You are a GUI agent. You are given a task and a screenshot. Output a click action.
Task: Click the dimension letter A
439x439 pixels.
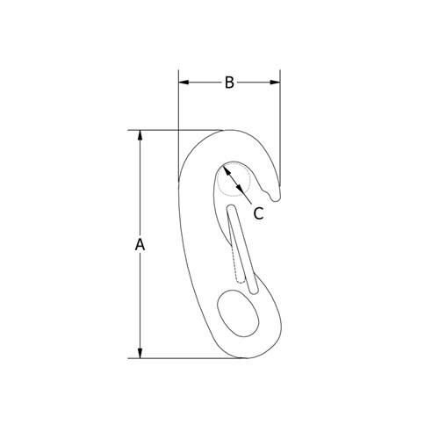pyautogui.click(x=139, y=245)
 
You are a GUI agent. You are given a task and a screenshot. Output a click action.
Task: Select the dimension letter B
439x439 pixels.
pyautogui.click(x=228, y=83)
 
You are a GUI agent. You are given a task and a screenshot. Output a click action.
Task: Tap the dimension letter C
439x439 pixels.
pyautogui.click(x=258, y=212)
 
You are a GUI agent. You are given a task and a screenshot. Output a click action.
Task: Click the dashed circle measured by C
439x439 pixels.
pyautogui.click(x=234, y=180)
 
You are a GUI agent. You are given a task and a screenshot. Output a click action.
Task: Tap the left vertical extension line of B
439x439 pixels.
pyautogui.click(x=178, y=114)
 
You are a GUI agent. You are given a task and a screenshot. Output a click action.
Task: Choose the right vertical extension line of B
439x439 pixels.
pyautogui.click(x=281, y=132)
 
